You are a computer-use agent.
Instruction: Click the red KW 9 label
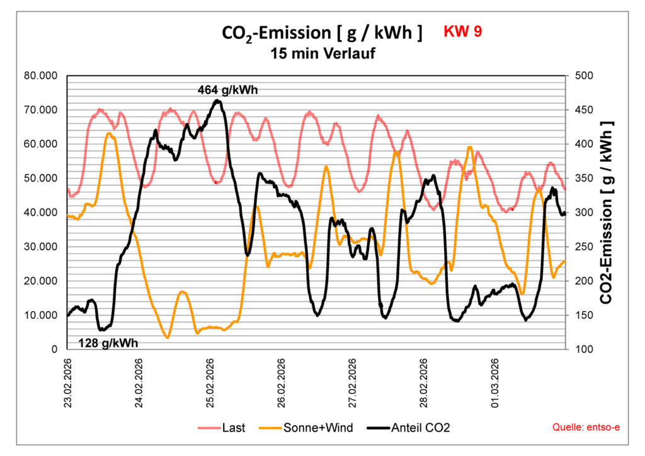coord(463,31)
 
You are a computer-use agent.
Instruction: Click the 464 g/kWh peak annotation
coord(228,90)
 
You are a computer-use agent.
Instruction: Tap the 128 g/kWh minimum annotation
coord(108,343)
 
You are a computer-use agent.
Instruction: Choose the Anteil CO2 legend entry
coord(418,428)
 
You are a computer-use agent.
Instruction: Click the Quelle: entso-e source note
coord(586,428)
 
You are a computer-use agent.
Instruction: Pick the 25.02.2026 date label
coord(210,383)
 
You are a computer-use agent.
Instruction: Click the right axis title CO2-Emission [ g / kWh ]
coord(607,212)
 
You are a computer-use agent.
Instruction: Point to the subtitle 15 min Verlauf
coord(322,54)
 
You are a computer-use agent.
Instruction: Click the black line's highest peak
coord(217,101)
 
